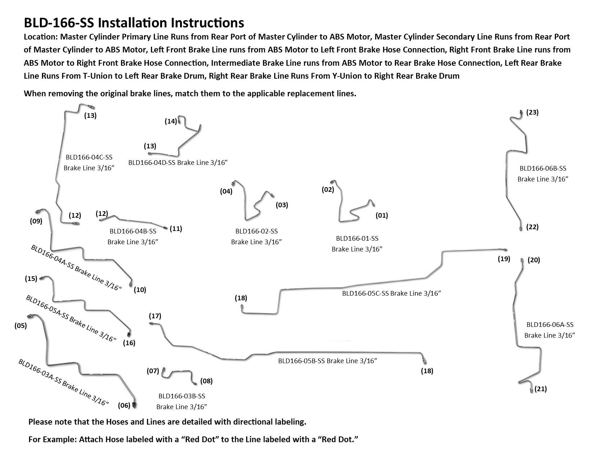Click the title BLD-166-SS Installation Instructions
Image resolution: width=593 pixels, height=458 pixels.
[134, 23]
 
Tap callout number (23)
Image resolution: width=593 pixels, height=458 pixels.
[532, 112]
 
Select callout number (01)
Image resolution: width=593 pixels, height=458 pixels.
[382, 216]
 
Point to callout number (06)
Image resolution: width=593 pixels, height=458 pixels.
[124, 406]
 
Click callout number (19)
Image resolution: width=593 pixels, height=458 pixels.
[504, 259]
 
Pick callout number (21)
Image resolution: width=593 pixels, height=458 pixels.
[541, 389]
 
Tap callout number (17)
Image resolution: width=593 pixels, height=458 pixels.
[155, 316]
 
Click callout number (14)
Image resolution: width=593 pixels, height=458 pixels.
[171, 121]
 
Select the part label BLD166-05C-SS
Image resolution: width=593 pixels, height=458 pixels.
[365, 293]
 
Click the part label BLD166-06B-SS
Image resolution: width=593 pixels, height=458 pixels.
[543, 168]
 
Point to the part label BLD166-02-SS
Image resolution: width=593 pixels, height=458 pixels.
[256, 231]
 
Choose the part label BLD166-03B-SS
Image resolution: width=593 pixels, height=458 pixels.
[181, 396]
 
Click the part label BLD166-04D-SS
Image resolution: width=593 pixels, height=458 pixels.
[152, 162]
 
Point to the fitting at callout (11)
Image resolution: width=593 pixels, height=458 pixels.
[165, 227]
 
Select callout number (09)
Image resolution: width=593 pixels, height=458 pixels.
[36, 221]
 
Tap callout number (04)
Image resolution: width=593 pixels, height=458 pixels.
[226, 191]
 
